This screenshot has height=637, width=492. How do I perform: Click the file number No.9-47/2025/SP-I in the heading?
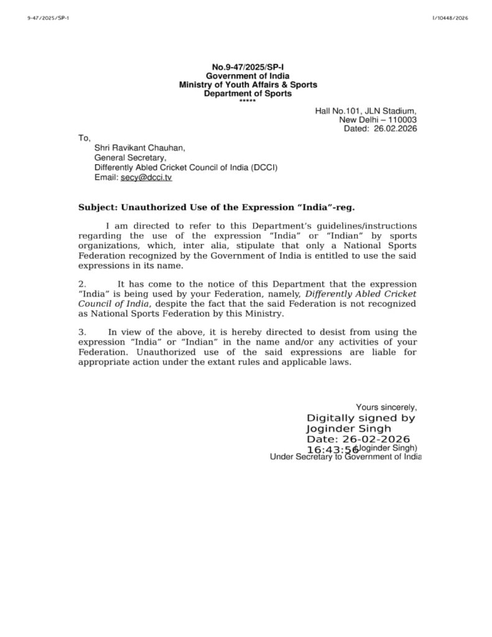(248, 67)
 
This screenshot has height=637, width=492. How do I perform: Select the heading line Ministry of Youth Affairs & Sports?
(248, 85)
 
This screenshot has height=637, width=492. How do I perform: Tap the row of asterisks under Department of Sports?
(248, 101)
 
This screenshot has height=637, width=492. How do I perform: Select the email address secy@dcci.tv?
(146, 177)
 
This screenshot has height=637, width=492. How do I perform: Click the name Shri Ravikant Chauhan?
(139, 148)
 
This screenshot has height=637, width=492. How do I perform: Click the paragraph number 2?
(81, 284)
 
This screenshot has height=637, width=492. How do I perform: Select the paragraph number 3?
(81, 333)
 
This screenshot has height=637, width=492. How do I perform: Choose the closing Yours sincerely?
(386, 407)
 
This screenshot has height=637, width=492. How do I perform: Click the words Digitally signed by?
(361, 419)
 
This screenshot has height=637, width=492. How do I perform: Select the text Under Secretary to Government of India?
(345, 457)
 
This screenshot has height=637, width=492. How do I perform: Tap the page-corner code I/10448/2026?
(449, 18)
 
